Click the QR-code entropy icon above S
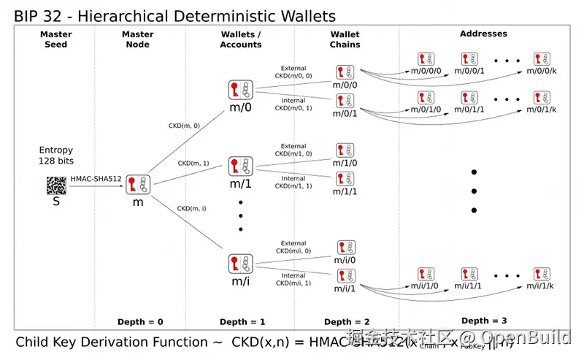(x=56, y=185)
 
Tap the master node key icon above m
(x=137, y=185)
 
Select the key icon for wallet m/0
(x=240, y=90)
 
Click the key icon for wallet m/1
(x=240, y=166)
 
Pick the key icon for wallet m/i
(x=240, y=263)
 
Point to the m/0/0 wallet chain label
(x=345, y=85)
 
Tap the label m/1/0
(x=345, y=163)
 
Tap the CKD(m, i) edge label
(x=192, y=209)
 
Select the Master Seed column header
(x=56, y=39)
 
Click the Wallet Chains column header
(x=345, y=39)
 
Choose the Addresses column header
(x=483, y=34)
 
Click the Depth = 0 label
(x=140, y=322)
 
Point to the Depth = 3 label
(x=485, y=321)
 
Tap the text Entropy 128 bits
(x=56, y=155)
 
